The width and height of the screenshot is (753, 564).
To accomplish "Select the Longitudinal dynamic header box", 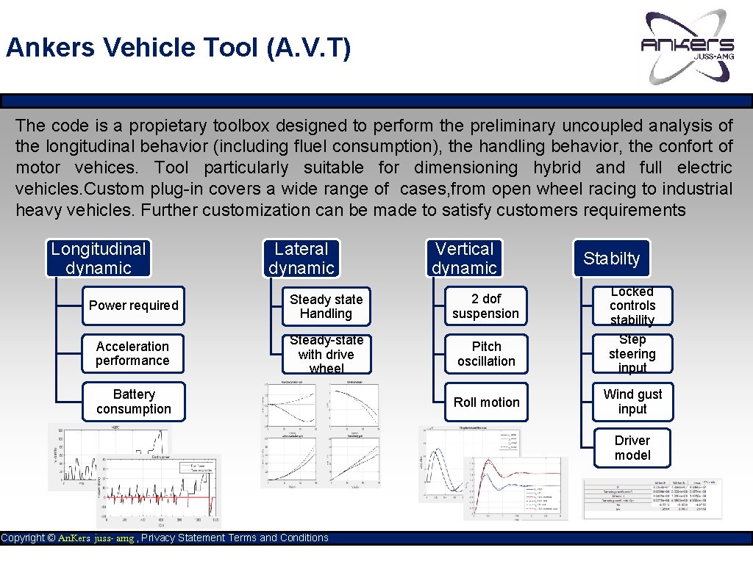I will click(99, 258).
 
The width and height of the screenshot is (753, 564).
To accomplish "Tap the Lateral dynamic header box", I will click(301, 258).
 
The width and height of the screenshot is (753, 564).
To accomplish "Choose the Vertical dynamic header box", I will click(465, 258).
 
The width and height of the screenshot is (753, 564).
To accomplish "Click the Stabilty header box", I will click(611, 258).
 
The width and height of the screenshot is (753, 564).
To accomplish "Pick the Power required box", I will click(133, 305).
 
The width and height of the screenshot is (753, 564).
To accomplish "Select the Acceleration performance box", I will click(133, 353).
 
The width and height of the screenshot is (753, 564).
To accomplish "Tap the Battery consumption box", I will click(133, 402).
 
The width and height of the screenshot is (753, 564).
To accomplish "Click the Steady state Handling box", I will click(326, 306).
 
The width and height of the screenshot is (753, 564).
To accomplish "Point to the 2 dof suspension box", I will click(485, 306).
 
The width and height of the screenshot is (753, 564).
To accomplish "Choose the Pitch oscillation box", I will click(486, 353).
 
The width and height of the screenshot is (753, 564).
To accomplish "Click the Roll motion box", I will click(486, 402).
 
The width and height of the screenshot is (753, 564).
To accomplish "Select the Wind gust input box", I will click(632, 402).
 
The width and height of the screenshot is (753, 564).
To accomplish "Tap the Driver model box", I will click(632, 447).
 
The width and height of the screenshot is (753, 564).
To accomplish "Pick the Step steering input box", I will click(632, 353).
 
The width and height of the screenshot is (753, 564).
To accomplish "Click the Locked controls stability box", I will click(632, 305).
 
